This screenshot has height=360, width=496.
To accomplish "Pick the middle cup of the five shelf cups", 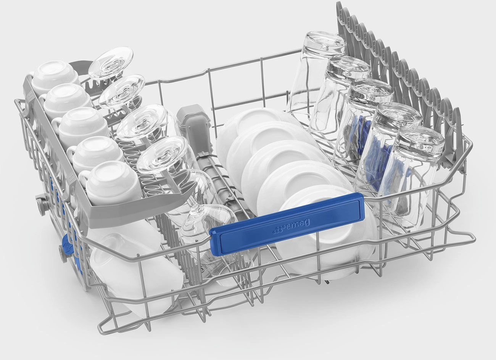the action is pyautogui.click(x=82, y=126).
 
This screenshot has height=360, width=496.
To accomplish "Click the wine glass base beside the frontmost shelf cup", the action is pyautogui.click(x=162, y=155).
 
